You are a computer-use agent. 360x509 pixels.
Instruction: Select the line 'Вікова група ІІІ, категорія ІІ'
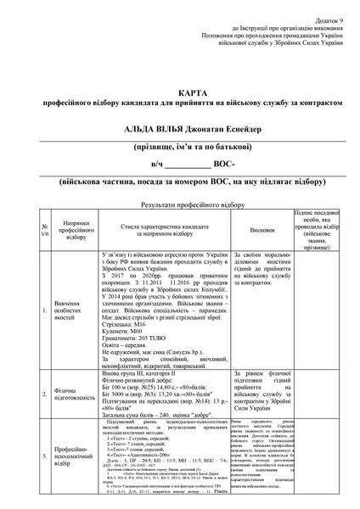[146, 371]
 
